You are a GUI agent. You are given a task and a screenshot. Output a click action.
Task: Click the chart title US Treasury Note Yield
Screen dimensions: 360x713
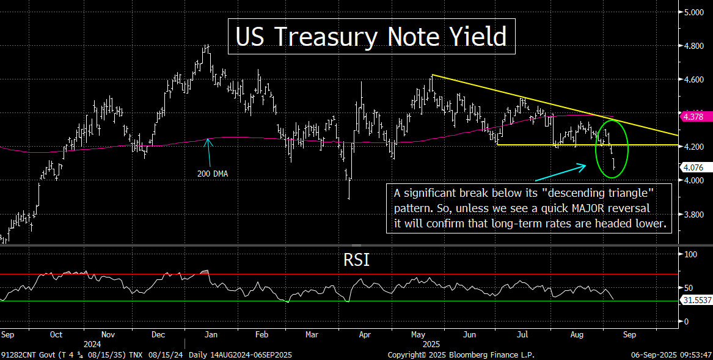point(371,37)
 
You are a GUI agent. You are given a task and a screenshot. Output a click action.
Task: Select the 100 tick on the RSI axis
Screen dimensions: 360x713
point(691,254)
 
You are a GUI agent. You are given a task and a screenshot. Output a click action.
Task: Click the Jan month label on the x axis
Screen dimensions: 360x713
point(211,335)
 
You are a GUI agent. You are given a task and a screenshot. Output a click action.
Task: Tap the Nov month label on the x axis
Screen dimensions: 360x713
point(108,335)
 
